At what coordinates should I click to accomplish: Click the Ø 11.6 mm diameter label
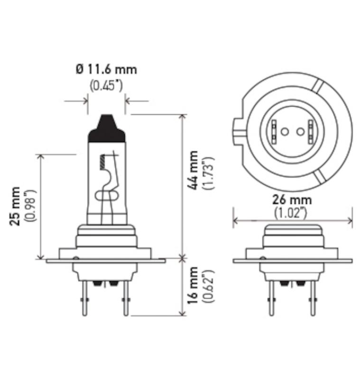(x=106, y=70)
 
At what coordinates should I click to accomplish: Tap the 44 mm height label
(x=193, y=171)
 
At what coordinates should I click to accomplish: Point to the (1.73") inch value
(x=209, y=172)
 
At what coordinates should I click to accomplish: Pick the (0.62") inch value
(x=209, y=286)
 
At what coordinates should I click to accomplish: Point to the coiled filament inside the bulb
(x=101, y=162)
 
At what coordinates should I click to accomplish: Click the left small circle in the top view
(x=285, y=131)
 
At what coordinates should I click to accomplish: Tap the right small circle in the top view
(x=300, y=131)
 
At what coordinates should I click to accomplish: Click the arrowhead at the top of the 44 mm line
(x=182, y=117)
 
